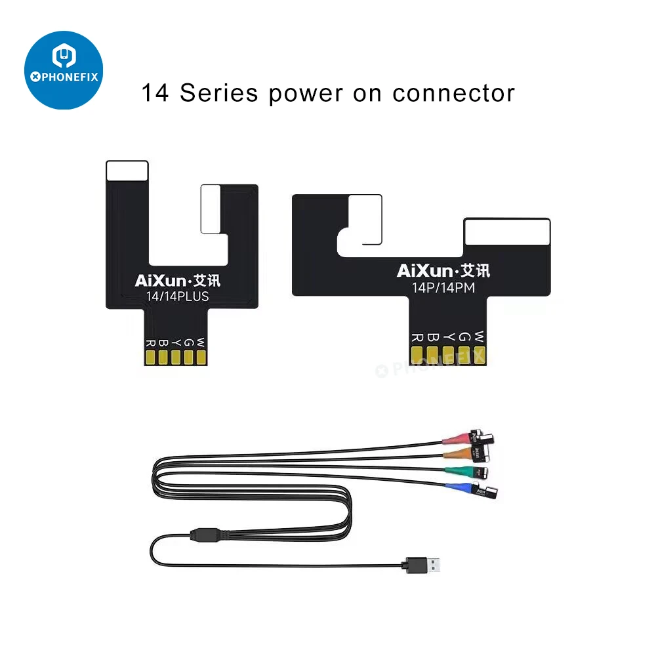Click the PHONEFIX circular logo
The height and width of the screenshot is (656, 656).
pos(64,70)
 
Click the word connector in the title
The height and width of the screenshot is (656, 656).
pos(453,93)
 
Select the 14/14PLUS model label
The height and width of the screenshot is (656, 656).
pos(177,297)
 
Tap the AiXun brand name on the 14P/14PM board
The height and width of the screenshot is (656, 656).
pos(424,270)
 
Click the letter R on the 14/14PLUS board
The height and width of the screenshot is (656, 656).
pos(151,342)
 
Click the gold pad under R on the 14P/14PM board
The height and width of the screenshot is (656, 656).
pos(417,355)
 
